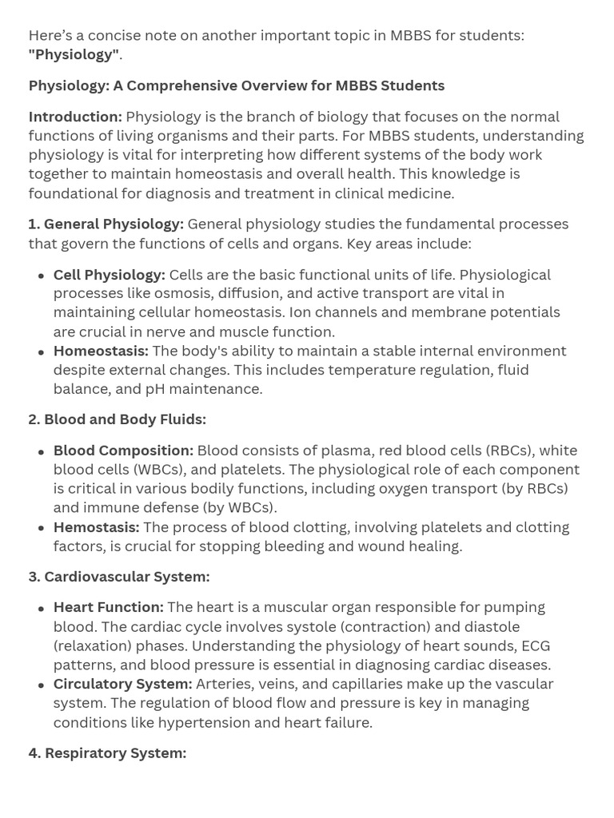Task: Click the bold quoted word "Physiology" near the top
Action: coord(74,54)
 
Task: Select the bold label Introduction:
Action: coord(75,117)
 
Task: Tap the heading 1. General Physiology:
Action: coord(106,224)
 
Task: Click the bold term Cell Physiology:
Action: coord(110,275)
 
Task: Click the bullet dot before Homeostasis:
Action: coord(41,352)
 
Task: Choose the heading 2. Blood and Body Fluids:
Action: coord(118,419)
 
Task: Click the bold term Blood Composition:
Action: coord(123,451)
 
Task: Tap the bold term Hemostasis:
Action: coord(96,527)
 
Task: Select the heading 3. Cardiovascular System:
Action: coord(119,577)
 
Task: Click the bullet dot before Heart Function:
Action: coord(41,609)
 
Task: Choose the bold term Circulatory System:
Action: coord(122,684)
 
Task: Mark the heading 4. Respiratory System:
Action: coord(108,753)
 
